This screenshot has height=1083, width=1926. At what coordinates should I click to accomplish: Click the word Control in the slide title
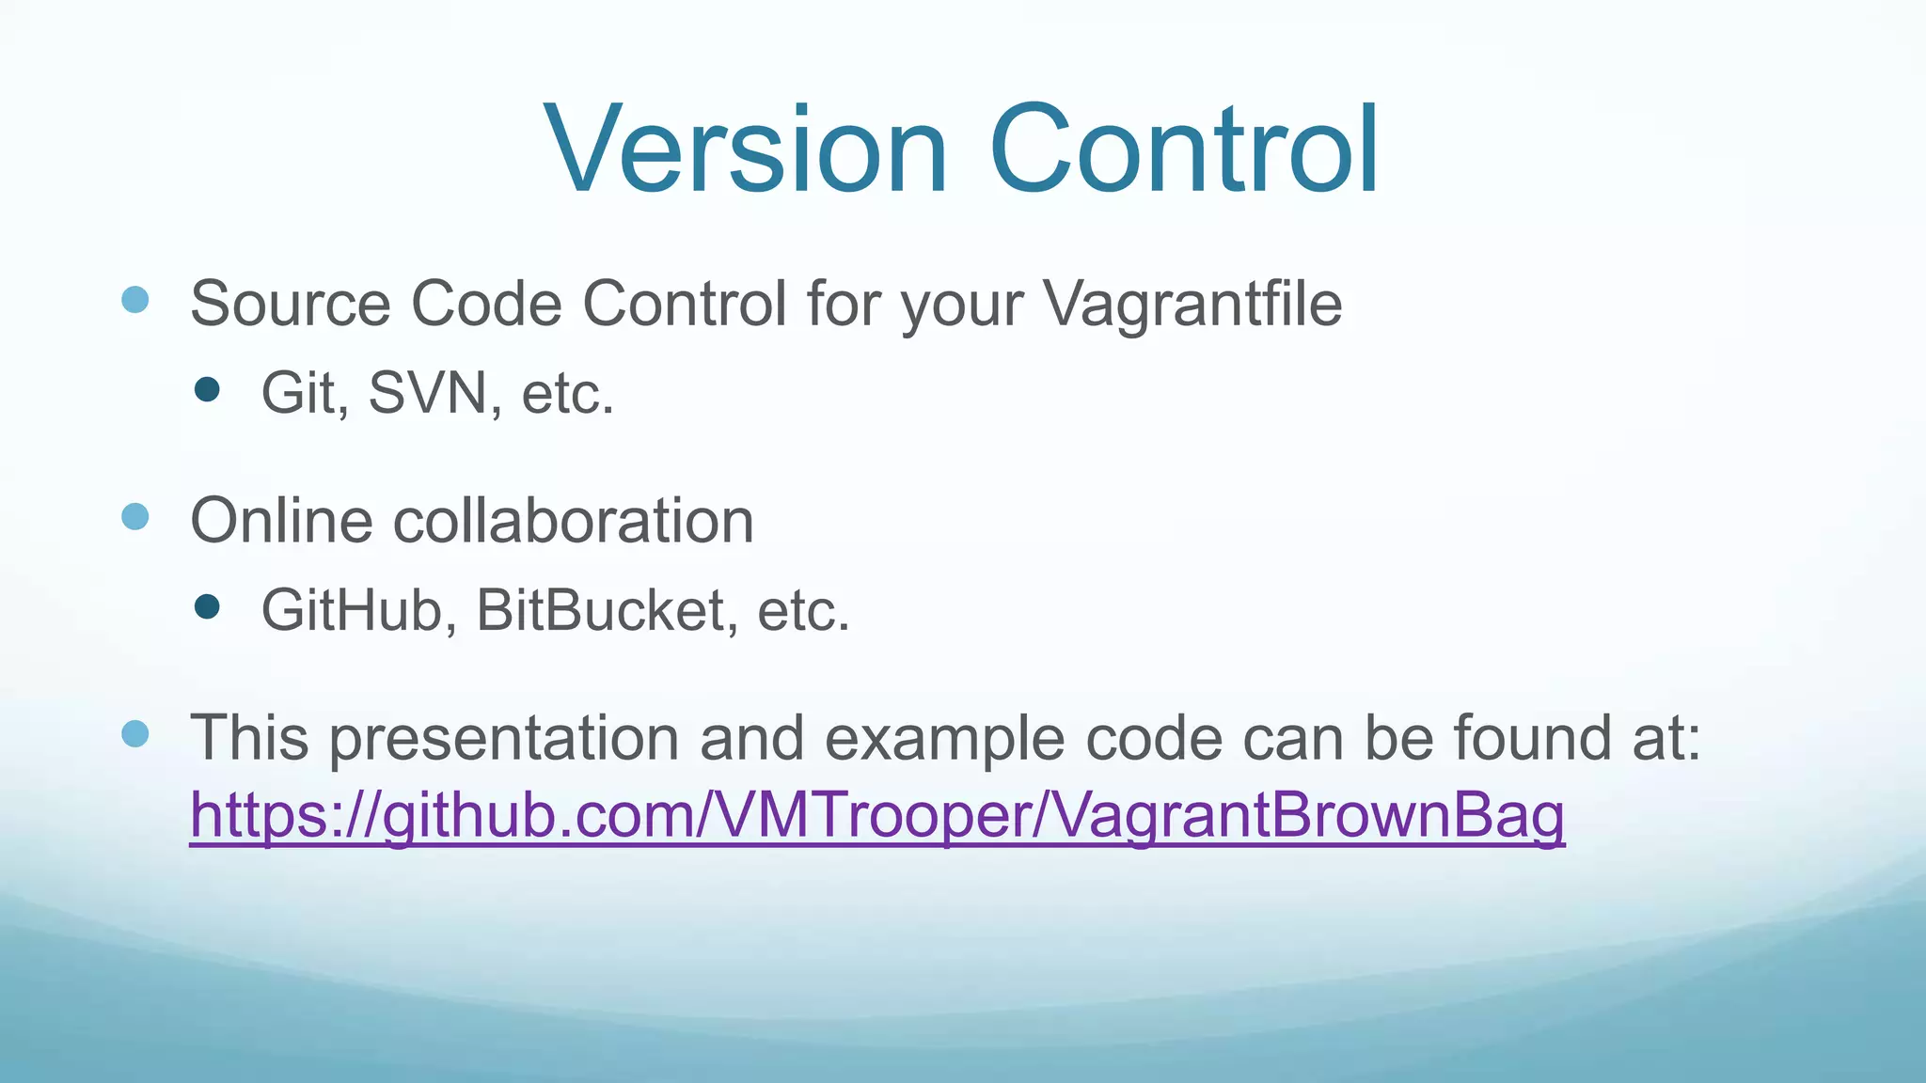coord(1183,150)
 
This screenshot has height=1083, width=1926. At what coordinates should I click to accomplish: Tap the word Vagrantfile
coord(1192,305)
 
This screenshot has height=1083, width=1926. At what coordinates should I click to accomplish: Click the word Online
coord(281,521)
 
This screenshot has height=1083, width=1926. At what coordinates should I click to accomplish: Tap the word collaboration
coord(573,521)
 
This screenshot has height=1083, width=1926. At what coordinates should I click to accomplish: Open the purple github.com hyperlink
coord(876,816)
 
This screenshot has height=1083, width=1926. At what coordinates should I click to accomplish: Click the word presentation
coord(503,738)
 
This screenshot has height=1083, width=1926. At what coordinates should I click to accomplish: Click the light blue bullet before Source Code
coord(135,300)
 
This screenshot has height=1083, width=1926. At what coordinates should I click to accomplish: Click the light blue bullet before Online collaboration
coord(135,516)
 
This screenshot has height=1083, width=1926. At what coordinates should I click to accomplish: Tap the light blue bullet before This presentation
coord(135,734)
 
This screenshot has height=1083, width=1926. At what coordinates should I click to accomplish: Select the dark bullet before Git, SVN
coord(207,389)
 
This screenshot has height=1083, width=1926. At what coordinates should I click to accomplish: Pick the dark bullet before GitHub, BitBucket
coord(207,607)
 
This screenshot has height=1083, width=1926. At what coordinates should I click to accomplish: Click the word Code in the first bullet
coord(486,305)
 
